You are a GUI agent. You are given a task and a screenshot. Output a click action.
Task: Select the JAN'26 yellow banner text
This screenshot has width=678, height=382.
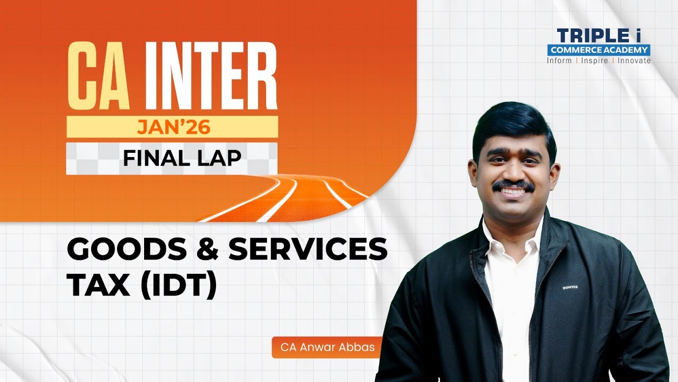[172, 127]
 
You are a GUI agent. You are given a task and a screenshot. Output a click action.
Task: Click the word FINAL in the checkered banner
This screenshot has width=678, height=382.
[153, 158]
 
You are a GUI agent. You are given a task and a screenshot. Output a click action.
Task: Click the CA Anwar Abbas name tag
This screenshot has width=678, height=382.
[324, 348]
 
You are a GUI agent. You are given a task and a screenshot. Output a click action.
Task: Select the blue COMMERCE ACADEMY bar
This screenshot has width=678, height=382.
[599, 50]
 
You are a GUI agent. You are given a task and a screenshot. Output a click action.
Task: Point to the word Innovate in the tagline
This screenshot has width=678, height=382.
[634, 60]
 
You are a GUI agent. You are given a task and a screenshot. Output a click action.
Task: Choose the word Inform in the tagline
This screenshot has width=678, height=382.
[559, 60]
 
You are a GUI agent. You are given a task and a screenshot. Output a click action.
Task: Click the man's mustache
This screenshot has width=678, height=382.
[513, 186]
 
